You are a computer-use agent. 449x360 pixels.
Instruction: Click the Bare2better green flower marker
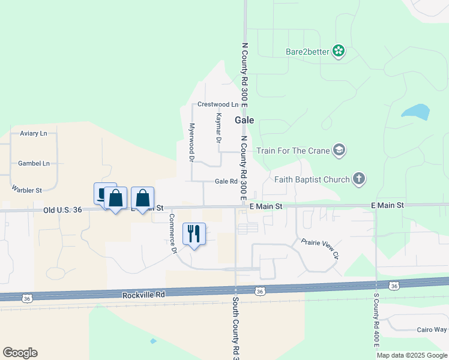tap(339, 51)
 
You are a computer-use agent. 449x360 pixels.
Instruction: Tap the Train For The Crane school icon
tap(339, 150)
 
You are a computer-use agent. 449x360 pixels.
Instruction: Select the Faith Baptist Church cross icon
tap(359, 179)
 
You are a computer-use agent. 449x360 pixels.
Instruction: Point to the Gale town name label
tap(244, 120)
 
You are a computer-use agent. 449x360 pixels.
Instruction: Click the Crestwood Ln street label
tap(217, 104)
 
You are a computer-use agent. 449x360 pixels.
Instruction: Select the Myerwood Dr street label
tap(191, 143)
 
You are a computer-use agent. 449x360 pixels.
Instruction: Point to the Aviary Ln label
tap(33, 133)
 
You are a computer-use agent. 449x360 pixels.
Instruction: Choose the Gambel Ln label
tap(34, 163)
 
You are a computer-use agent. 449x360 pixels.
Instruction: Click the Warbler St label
tap(26, 190)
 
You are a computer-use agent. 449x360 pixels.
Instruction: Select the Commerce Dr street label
tap(172, 234)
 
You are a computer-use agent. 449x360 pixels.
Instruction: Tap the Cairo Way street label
tap(432, 329)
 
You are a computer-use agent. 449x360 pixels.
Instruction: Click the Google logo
tap(20, 353)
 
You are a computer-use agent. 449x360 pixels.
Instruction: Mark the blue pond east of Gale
tap(416, 112)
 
